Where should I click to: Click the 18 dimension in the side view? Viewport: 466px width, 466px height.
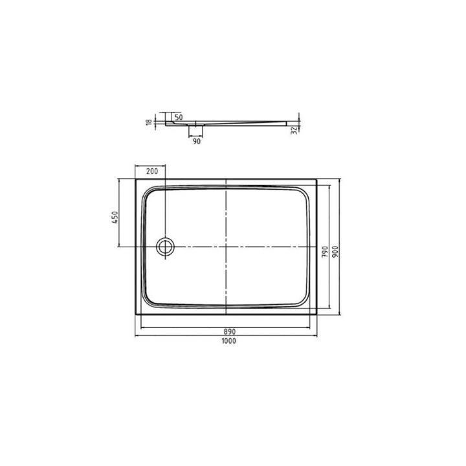point(148,121)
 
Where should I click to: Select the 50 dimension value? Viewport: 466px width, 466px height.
point(179,117)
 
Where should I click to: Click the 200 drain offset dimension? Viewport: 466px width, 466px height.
point(151,172)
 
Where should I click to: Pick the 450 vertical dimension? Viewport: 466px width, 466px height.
point(115,217)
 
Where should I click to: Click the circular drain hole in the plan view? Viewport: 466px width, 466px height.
point(166,247)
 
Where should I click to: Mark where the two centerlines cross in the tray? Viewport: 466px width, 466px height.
point(225,247)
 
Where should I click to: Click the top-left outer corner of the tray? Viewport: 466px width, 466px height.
point(135,179)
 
